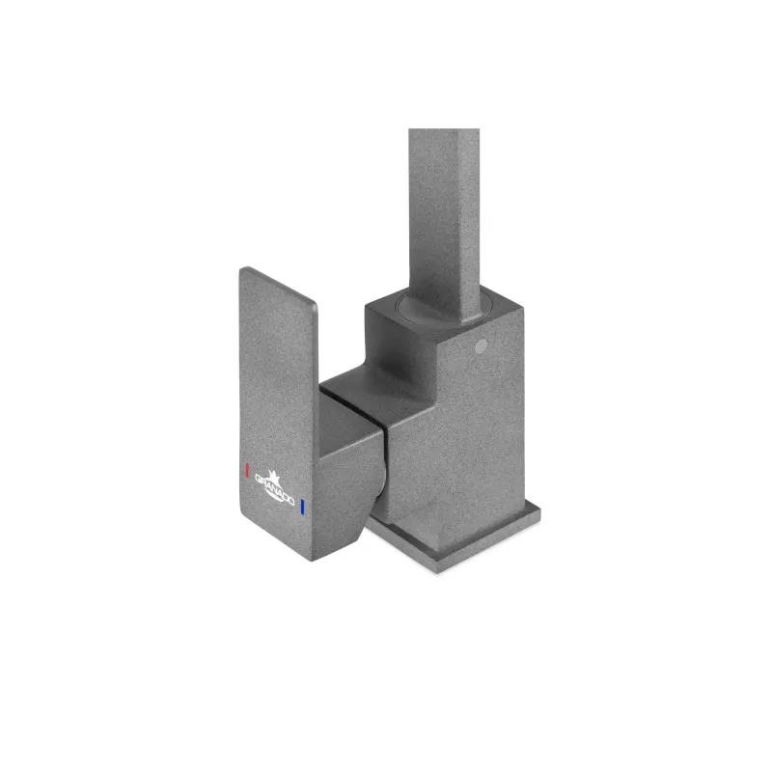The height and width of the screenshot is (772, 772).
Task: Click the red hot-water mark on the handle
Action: pos(248,470)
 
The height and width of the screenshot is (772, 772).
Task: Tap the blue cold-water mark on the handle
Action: pos(302,508)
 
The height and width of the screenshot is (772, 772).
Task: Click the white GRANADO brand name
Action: pos(274,490)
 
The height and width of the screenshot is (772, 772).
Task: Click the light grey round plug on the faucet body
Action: pos(482,345)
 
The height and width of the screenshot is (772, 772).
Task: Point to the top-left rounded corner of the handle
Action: pos(242,270)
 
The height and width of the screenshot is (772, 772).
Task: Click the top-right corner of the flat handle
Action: pos(316,304)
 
